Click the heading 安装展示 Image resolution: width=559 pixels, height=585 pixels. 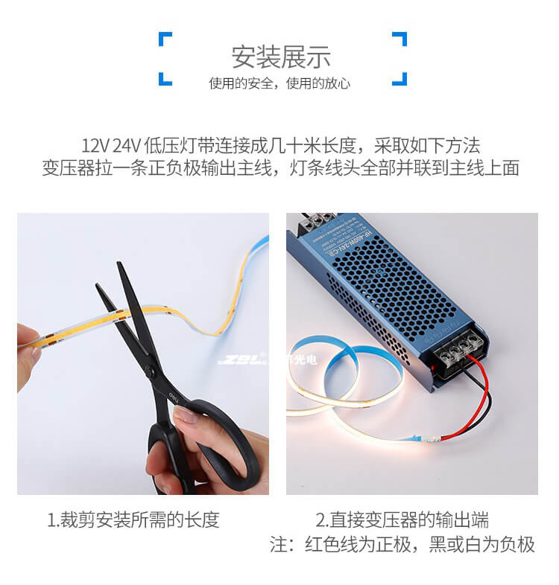pos(280,57)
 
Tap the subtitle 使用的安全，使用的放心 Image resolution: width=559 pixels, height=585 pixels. pos(279,83)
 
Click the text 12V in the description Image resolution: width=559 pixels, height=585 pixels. pos(95,144)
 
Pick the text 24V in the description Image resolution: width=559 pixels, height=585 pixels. pos(127,144)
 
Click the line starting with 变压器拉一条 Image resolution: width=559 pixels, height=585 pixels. pos(280,168)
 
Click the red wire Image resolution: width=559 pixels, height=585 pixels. pos(483,394)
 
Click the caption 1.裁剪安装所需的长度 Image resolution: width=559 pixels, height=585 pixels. pos(133,520)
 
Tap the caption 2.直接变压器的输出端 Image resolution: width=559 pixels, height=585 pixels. pos(402,520)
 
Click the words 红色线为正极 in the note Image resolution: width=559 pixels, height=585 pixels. pos(358,545)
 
